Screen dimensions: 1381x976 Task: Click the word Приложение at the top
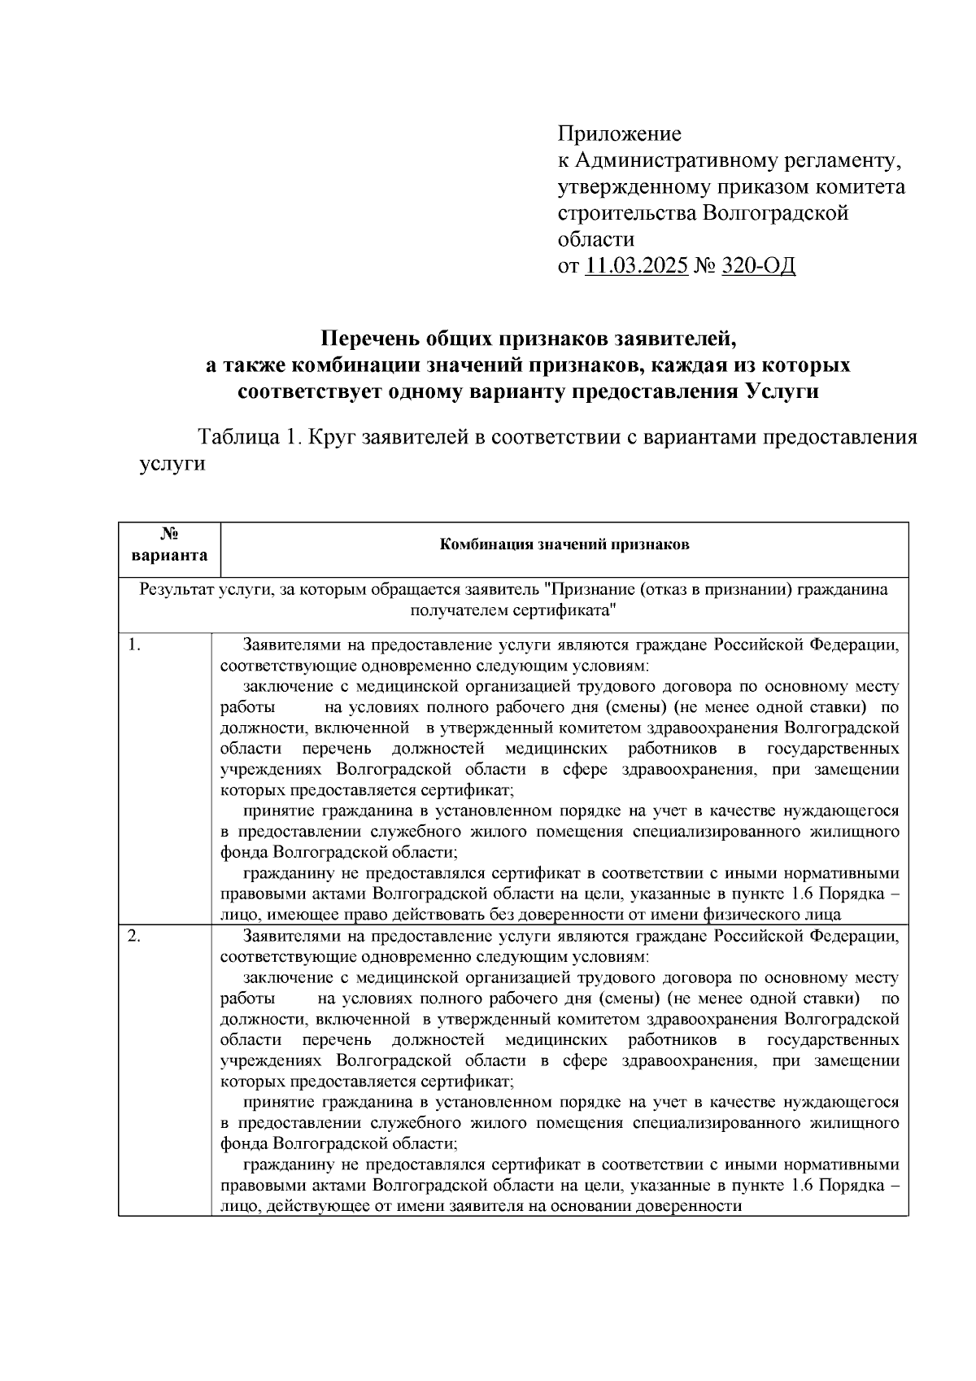(x=619, y=133)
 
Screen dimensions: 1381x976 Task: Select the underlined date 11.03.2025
(x=636, y=266)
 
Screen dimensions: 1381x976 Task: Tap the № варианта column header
(x=169, y=545)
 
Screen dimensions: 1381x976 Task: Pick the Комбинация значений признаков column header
(x=564, y=545)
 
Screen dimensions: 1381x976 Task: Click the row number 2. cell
(x=136, y=937)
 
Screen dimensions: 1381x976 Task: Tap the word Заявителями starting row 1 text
(x=294, y=646)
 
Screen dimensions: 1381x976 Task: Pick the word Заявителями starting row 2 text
(x=294, y=937)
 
